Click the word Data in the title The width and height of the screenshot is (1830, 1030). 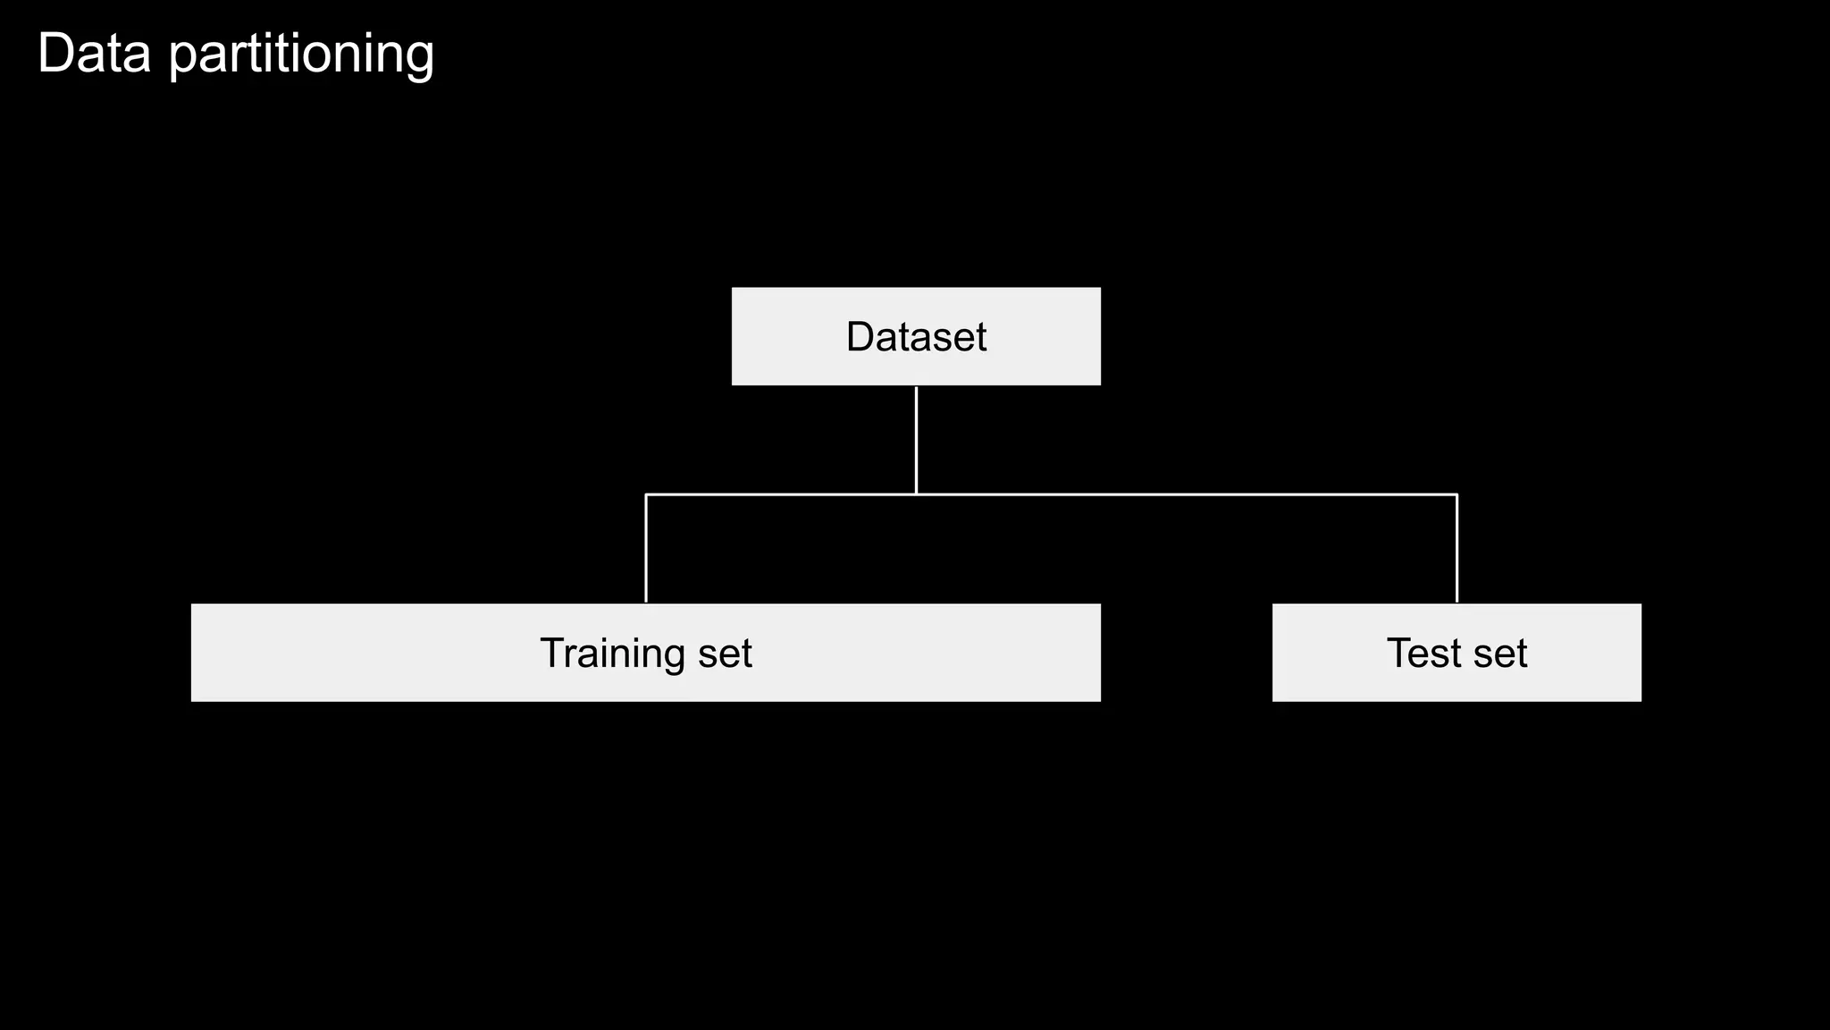click(95, 54)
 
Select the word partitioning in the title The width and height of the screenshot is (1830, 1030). click(301, 55)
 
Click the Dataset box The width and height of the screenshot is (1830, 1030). click(916, 336)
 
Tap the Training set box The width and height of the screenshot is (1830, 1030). click(645, 653)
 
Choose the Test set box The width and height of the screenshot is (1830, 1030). click(1456, 653)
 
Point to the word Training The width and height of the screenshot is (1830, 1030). click(613, 654)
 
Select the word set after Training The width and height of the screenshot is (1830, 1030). click(726, 654)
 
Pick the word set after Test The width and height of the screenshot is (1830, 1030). click(1500, 654)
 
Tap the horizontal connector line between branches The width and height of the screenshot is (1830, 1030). click(1162, 494)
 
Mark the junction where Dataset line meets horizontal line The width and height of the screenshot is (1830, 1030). click(916, 494)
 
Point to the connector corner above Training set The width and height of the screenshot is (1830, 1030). click(645, 494)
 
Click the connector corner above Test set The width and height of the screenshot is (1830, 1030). click(1456, 494)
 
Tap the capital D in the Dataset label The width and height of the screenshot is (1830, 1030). click(860, 337)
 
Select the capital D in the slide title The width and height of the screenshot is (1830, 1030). click(55, 54)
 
